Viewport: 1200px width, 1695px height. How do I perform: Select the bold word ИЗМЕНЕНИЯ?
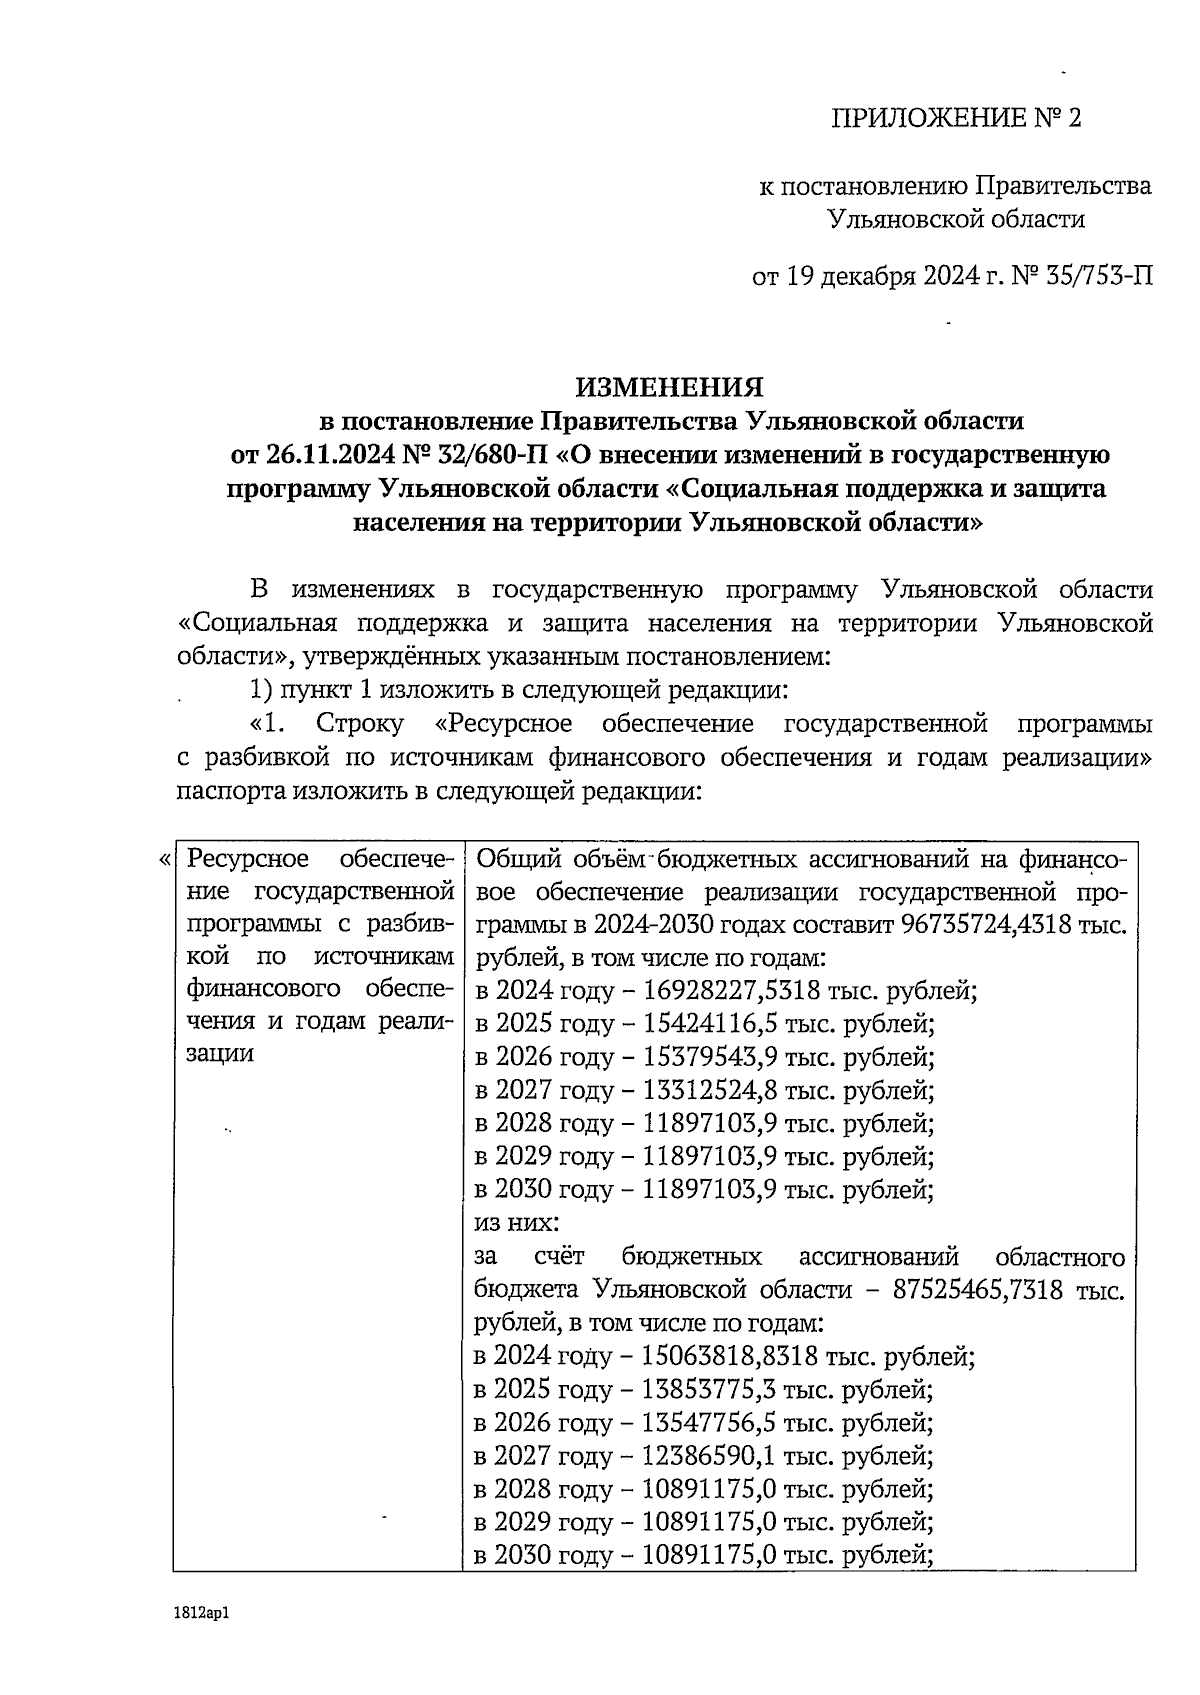669,387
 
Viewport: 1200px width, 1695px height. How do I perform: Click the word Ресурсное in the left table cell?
241,859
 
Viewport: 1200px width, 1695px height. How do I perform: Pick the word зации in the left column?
221,1054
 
